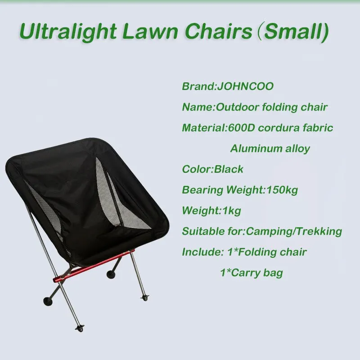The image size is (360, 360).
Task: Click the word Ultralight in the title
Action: coord(68,31)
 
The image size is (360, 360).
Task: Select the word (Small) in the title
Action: coord(293,31)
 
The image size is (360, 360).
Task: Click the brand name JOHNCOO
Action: coord(245,86)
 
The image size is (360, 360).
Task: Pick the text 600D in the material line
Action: coord(241,128)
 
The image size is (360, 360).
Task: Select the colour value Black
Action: coord(229,169)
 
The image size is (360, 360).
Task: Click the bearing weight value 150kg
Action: coord(282,190)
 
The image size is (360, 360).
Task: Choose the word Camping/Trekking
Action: coord(294,231)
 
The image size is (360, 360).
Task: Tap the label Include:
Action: coord(202,252)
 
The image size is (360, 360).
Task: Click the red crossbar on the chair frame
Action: coord(94,265)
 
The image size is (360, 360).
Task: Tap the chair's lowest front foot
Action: coord(80,328)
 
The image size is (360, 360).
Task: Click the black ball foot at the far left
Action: coord(48,301)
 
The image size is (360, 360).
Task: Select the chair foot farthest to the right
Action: coord(144,298)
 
